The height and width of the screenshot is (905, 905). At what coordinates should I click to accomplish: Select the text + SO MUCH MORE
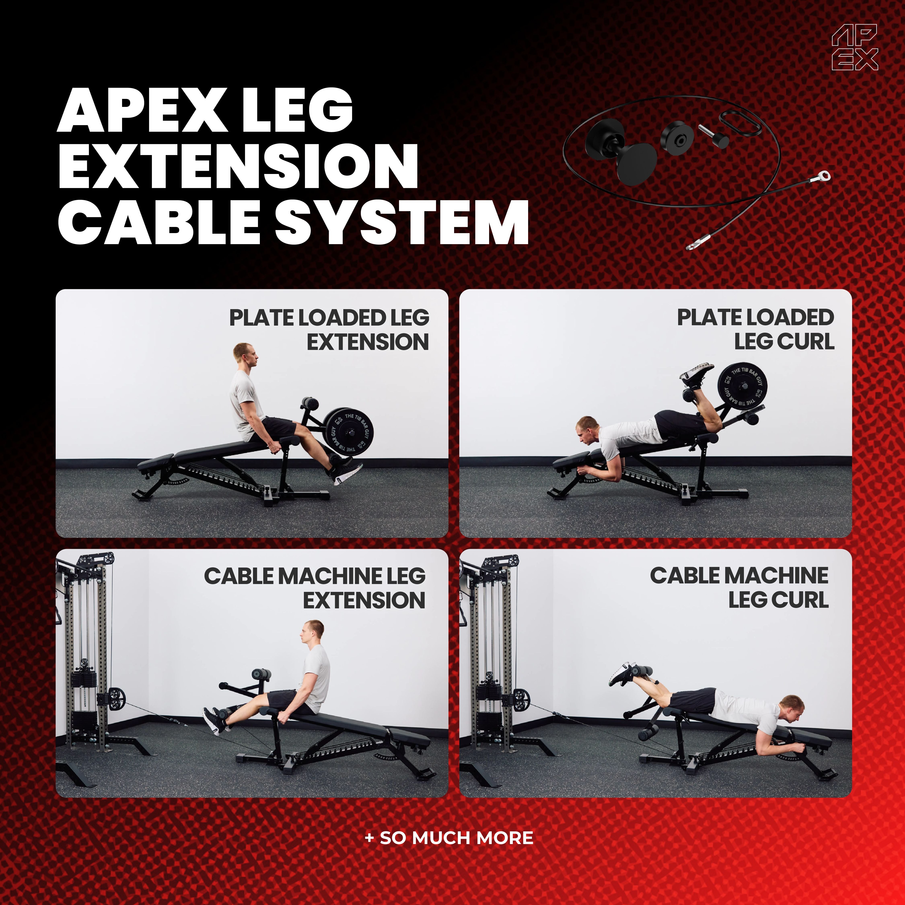[449, 838]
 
